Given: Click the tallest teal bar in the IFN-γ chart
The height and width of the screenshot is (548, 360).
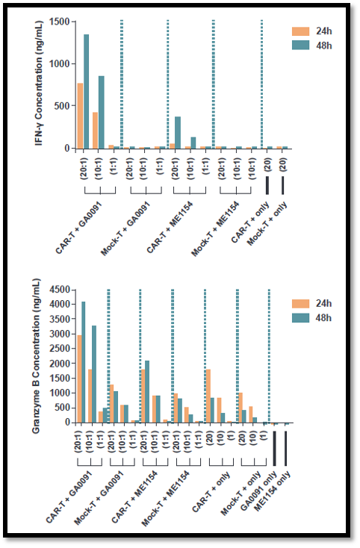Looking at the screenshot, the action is pos(86,91).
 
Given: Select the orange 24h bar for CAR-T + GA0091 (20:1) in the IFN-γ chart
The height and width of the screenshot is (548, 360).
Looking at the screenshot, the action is pos(81,116).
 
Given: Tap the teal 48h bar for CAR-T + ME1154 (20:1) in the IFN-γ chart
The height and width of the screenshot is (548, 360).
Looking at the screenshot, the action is pos(178,132).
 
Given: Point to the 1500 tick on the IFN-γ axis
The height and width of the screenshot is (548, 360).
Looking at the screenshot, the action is pos(72,22).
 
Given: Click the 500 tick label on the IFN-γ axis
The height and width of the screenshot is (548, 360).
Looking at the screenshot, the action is pos(62,106).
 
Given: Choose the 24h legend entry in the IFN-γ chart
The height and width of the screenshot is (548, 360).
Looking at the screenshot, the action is pos(312,31).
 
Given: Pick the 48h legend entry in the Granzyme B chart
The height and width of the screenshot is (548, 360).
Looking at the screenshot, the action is pos(312,318).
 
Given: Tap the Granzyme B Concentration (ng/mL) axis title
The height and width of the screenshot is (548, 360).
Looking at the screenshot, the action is pos(37,356).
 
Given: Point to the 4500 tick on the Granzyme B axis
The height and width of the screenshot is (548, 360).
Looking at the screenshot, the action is pos(72,290).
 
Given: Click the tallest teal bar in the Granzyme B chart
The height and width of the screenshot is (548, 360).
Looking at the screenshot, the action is pos(83,362).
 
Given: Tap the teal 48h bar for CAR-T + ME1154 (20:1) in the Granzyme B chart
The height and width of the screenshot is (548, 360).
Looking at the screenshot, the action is pos(147,392).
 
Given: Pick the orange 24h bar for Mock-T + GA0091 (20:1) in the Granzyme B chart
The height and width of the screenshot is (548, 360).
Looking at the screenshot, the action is pos(112,404).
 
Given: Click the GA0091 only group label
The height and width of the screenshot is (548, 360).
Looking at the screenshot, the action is pos(259,491).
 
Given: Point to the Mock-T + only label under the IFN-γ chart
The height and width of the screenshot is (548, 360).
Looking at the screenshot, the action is pos(267,224).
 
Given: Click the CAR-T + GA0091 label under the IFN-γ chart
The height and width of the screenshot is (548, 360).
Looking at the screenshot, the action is pos(79,228).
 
